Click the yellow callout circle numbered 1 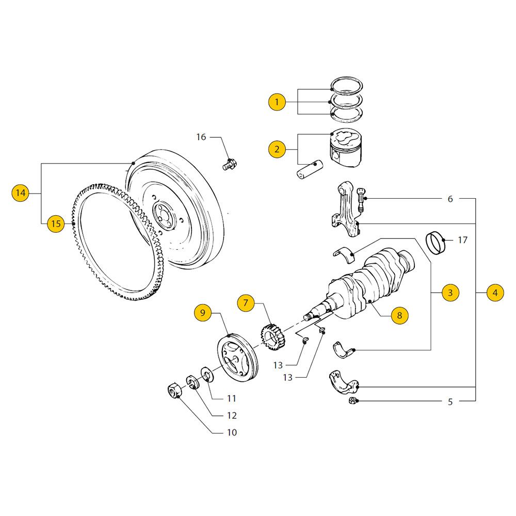click(277, 102)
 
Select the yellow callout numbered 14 click(20, 193)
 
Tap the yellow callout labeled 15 click(56, 223)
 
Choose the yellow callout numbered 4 click(495, 293)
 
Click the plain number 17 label click(462, 240)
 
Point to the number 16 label click(201, 137)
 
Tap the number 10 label click(232, 432)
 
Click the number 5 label click(450, 401)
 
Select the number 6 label click(450, 199)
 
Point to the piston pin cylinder click(309, 170)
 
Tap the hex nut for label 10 click(174, 391)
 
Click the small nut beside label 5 click(351, 401)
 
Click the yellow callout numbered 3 click(449, 293)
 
